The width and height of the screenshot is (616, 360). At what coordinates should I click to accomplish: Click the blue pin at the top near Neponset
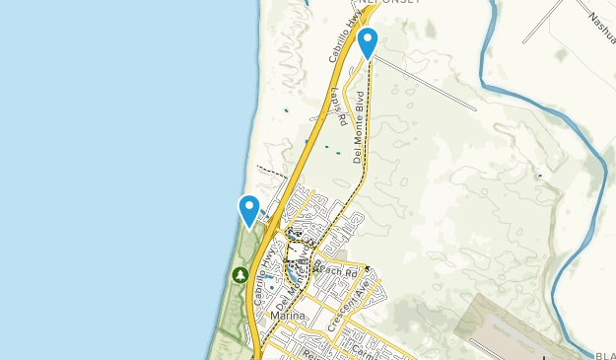pos(368,41)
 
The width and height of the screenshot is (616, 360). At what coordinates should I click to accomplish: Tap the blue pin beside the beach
pos(248,208)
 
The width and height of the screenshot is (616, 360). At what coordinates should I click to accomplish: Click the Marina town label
pos(287,316)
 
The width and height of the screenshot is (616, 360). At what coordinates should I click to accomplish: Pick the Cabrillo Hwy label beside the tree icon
pos(260,283)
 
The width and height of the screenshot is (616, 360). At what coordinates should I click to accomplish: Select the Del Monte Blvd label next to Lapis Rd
pos(360,126)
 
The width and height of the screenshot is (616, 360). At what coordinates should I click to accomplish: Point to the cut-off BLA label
pos(605,355)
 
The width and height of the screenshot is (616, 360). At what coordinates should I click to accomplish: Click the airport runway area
pos(513,325)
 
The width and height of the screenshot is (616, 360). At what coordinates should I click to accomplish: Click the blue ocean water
pos(99,178)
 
